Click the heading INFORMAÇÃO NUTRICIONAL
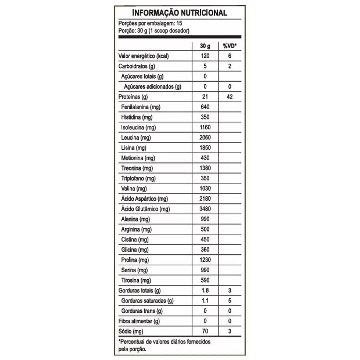coord(179,13)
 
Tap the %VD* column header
coord(229,46)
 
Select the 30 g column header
coord(205,46)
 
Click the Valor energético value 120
coord(205,56)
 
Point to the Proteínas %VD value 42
coord(229,97)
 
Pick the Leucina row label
coord(136,138)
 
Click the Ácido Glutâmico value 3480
coord(205,209)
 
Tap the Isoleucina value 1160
coord(205,127)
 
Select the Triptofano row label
coord(138,178)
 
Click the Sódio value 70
coord(205,331)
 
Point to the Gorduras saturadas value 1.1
coord(205,301)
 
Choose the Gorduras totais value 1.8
coord(205,291)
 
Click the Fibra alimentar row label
coord(139,321)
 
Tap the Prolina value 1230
coord(205,260)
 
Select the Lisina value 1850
coord(205,148)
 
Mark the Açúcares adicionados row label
coord(153,87)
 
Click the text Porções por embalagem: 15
coord(150,23)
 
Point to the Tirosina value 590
coord(205,280)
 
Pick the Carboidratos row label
coord(136,66)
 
